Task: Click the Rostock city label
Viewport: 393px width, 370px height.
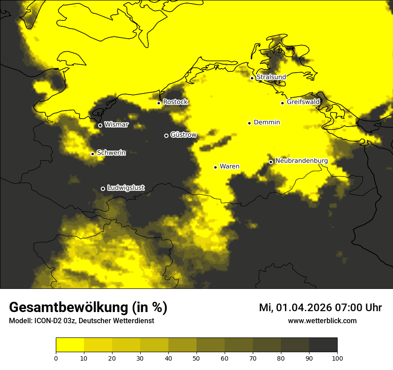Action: point(176,102)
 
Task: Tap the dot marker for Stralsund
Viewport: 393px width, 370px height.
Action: point(252,78)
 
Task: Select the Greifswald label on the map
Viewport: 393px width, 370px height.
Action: point(303,102)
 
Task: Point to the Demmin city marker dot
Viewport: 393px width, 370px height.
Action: point(249,123)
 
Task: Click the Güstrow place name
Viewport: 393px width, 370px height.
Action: point(184,135)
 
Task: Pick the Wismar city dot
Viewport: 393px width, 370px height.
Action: point(100,125)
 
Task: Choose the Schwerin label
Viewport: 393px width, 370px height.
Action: point(111,153)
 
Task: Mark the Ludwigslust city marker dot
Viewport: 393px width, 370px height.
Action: point(103,189)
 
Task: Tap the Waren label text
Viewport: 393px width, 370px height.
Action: point(230,166)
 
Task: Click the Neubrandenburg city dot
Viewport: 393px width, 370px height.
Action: point(271,162)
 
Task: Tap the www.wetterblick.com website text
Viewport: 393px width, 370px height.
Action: point(322,321)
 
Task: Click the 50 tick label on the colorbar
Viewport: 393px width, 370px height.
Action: point(196,358)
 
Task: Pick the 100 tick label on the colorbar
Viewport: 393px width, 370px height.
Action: point(337,358)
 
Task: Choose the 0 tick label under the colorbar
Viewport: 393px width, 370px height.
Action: point(56,358)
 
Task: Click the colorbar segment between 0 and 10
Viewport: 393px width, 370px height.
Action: point(70,345)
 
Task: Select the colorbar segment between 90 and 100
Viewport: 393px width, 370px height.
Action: point(323,345)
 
